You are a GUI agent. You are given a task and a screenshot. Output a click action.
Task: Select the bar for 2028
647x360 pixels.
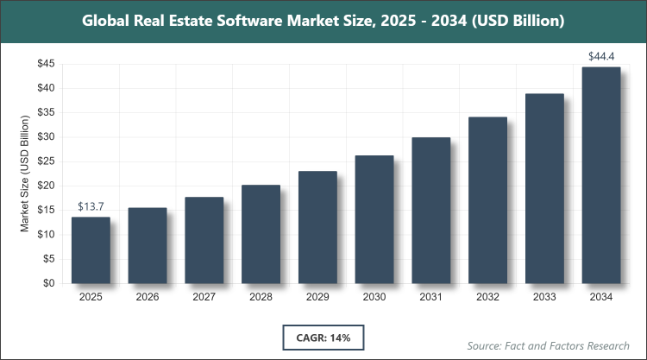(261, 234)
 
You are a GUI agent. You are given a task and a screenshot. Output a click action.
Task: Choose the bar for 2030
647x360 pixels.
(374, 219)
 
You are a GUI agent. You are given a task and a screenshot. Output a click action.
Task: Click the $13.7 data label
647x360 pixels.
(91, 206)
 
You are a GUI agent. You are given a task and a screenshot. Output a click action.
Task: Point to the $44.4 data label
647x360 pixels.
(600, 56)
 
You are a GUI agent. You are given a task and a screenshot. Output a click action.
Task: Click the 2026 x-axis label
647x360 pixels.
(148, 298)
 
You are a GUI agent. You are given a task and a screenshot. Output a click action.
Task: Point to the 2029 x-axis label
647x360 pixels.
(317, 298)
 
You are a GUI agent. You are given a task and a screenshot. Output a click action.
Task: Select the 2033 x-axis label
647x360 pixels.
(543, 298)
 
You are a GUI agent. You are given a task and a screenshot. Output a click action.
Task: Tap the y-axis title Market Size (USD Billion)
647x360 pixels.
(25, 174)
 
